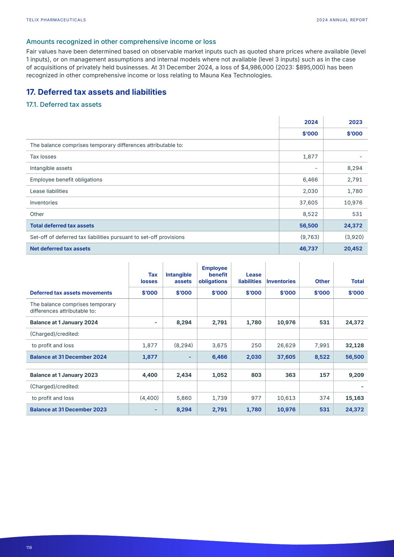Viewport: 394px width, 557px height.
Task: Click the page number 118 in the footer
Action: (29, 547)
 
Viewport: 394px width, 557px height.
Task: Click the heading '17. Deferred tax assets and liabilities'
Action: (96, 92)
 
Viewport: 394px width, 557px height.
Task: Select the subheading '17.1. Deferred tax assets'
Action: (64, 105)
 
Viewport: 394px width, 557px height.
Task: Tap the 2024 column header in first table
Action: (311, 122)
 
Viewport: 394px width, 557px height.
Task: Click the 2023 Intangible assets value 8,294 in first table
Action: (355, 168)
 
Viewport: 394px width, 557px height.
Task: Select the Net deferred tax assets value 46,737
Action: (308, 249)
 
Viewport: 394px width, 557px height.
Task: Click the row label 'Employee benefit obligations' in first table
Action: (66, 180)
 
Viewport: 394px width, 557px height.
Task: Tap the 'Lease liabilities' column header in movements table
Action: (250, 278)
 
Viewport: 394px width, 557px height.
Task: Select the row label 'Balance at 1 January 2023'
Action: (64, 375)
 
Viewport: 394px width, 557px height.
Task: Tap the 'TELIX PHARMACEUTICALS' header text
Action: (56, 20)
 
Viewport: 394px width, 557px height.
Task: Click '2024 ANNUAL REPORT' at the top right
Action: (342, 20)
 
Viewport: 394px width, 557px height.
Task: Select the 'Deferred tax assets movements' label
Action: (71, 293)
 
